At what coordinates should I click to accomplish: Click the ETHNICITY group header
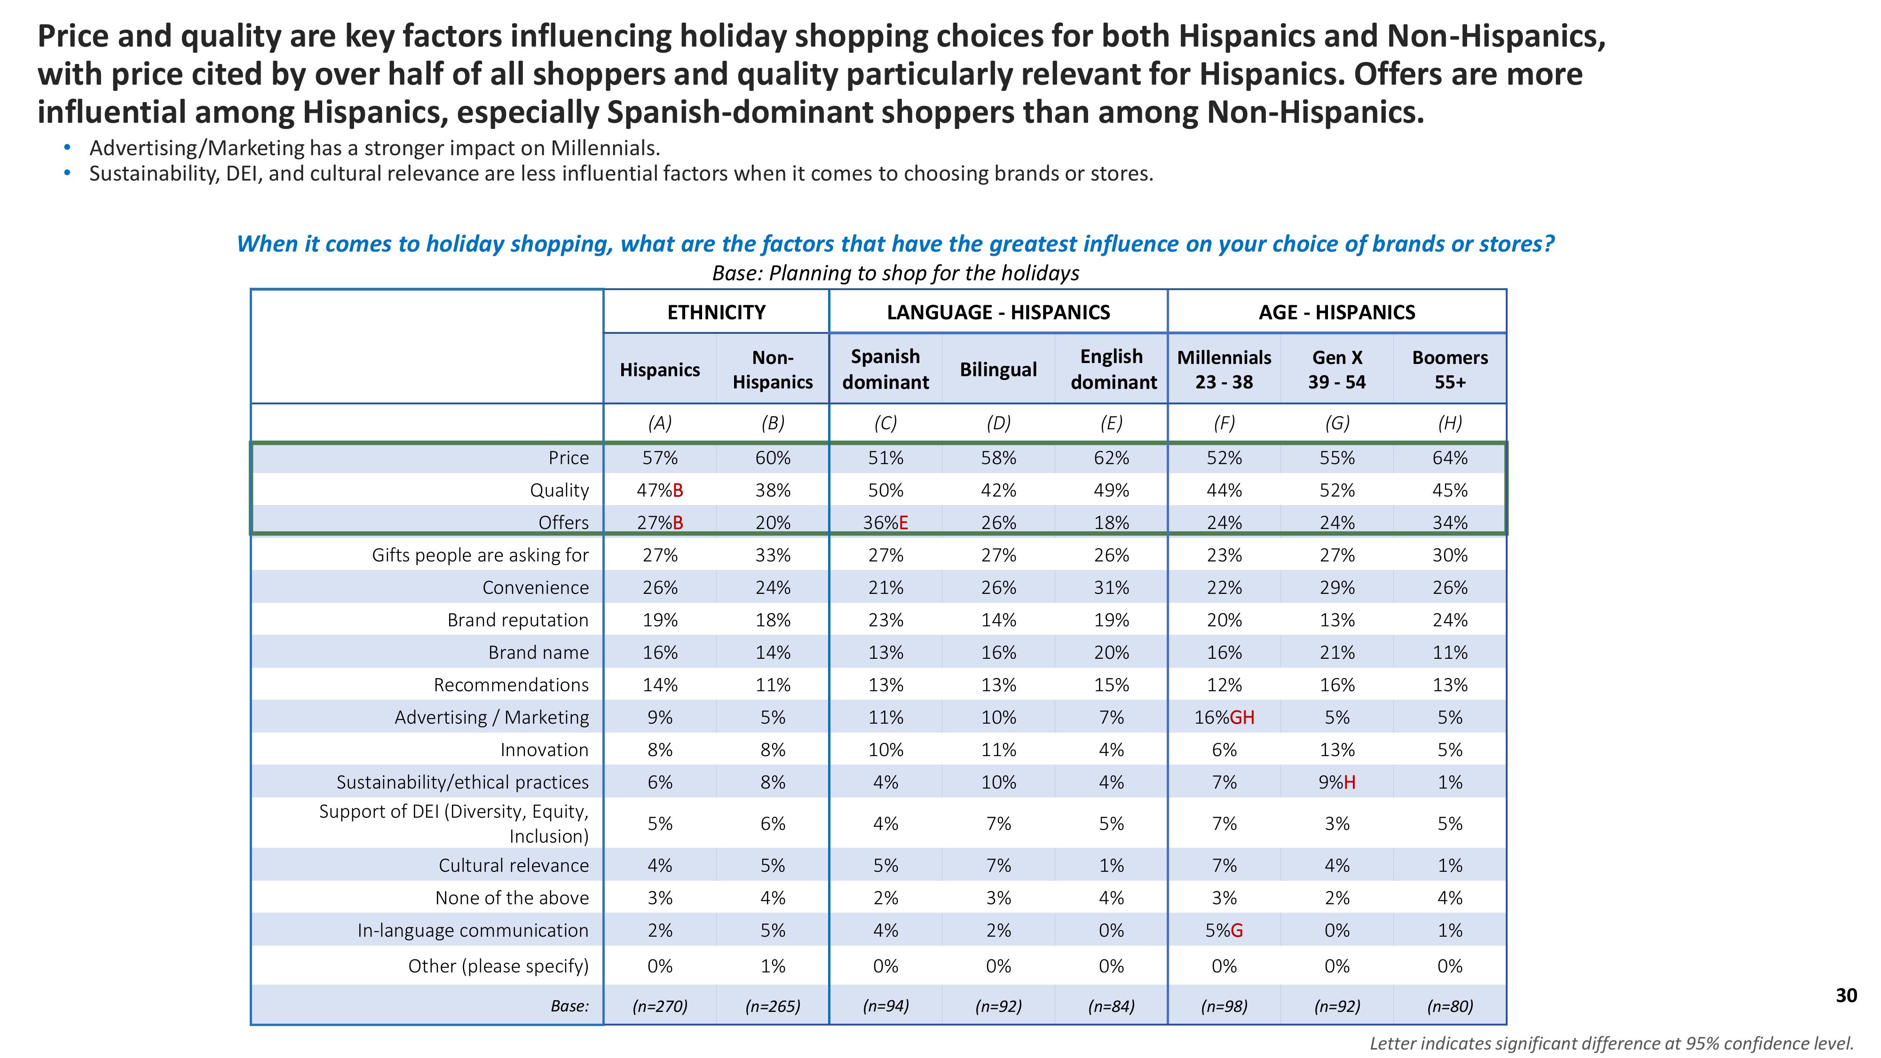716,313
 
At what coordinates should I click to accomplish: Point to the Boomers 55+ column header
1449,370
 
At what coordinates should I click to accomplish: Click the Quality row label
559,490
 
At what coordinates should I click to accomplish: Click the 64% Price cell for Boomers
1449,458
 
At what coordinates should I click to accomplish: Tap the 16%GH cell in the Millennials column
1224,717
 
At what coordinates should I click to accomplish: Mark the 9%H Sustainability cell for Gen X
1336,782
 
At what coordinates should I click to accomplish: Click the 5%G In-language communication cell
1224,930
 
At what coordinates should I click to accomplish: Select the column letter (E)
1111,423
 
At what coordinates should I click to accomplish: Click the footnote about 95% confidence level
1611,1043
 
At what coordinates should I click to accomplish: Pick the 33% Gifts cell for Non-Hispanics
773,555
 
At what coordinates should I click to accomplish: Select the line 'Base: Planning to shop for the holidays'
895,273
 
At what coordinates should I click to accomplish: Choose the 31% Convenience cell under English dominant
1111,588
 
